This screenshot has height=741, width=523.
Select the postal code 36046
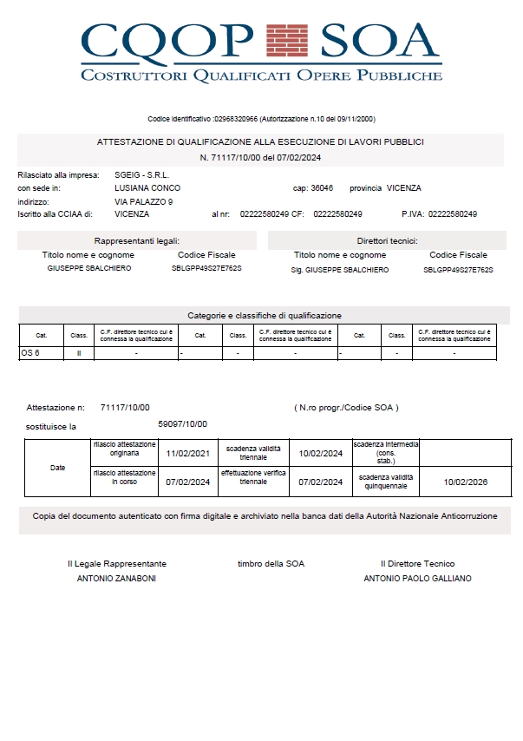tap(321, 187)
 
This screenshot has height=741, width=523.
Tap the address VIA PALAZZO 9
tap(144, 200)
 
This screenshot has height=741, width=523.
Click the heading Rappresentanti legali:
tap(137, 240)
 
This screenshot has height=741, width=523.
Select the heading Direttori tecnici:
tap(387, 240)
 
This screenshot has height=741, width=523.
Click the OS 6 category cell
tap(30, 353)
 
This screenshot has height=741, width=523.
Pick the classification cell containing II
tap(79, 353)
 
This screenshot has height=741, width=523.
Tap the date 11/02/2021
tap(188, 453)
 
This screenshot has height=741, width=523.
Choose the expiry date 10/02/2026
tap(466, 482)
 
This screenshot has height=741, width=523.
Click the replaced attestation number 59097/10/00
tap(182, 423)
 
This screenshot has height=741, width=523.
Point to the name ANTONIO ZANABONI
tap(116, 578)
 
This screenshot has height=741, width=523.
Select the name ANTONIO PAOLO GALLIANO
tap(417, 578)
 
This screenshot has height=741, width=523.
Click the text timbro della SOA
tap(271, 564)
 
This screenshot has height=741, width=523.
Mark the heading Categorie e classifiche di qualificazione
tap(265, 315)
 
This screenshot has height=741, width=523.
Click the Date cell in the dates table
tap(57, 468)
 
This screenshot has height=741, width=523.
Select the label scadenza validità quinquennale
tap(386, 482)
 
